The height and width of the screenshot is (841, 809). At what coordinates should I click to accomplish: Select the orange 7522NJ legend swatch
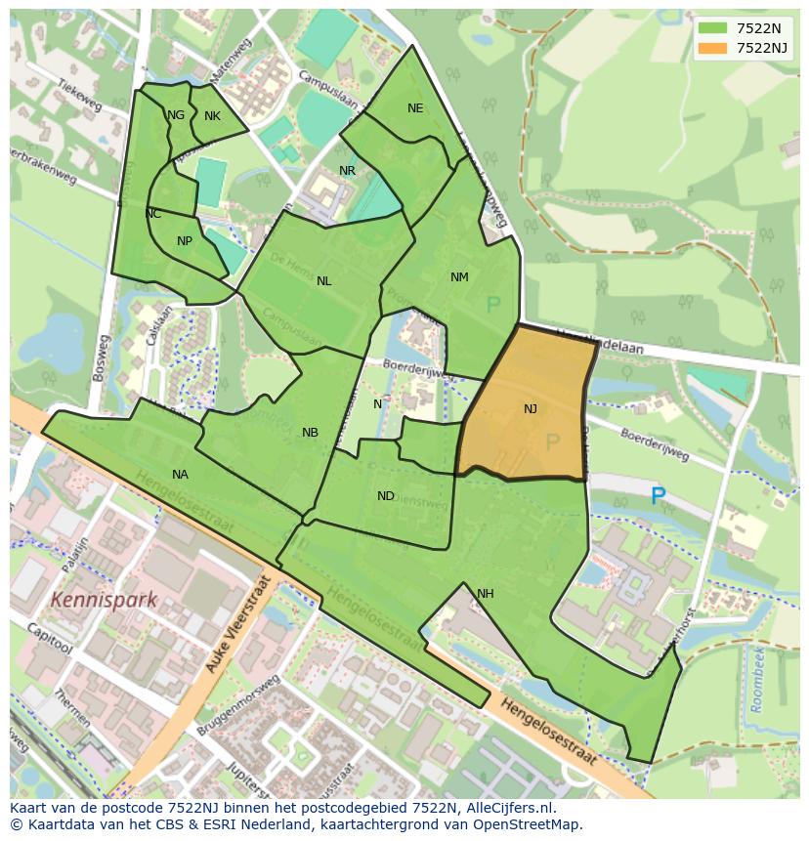[x=712, y=48]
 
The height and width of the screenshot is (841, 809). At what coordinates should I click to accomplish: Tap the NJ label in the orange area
[x=531, y=409]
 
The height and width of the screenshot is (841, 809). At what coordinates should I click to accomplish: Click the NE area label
[x=415, y=108]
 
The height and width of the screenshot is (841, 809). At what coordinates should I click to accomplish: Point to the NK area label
[x=212, y=116]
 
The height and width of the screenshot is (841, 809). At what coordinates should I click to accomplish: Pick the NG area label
[x=176, y=115]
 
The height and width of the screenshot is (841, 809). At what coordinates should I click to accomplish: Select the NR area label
[x=347, y=171]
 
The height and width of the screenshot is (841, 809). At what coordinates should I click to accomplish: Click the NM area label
[x=459, y=277]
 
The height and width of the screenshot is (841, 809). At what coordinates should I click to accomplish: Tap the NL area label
[x=323, y=281]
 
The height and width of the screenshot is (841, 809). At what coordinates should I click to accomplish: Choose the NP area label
[x=185, y=241]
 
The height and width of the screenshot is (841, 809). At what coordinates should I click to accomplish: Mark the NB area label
[x=310, y=433]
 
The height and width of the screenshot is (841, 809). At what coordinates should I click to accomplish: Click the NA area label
[x=180, y=475]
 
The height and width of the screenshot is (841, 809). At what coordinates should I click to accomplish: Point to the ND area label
[x=386, y=496]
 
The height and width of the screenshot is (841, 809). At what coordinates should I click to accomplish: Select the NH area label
[x=486, y=594]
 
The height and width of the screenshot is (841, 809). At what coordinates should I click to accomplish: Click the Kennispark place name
[x=104, y=599]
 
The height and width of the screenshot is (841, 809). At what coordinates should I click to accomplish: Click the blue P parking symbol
[x=658, y=496]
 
